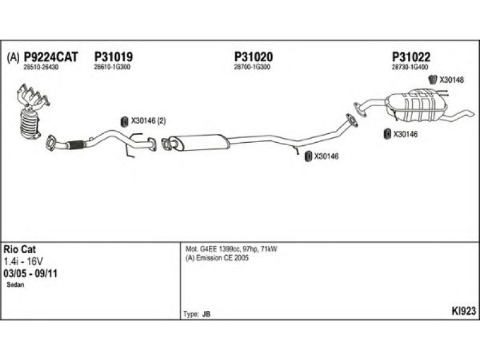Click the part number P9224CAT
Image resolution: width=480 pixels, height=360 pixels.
[50, 57]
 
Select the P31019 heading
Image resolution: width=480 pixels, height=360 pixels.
[113, 57]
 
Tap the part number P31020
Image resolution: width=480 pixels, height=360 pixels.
[253, 57]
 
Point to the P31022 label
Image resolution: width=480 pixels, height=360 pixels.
[411, 57]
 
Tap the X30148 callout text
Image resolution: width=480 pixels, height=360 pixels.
[451, 79]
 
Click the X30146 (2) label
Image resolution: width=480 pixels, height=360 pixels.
[148, 121]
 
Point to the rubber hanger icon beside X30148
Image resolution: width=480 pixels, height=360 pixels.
[434, 79]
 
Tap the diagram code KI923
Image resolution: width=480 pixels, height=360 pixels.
[463, 311]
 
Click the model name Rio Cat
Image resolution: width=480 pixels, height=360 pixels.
[20, 249]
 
